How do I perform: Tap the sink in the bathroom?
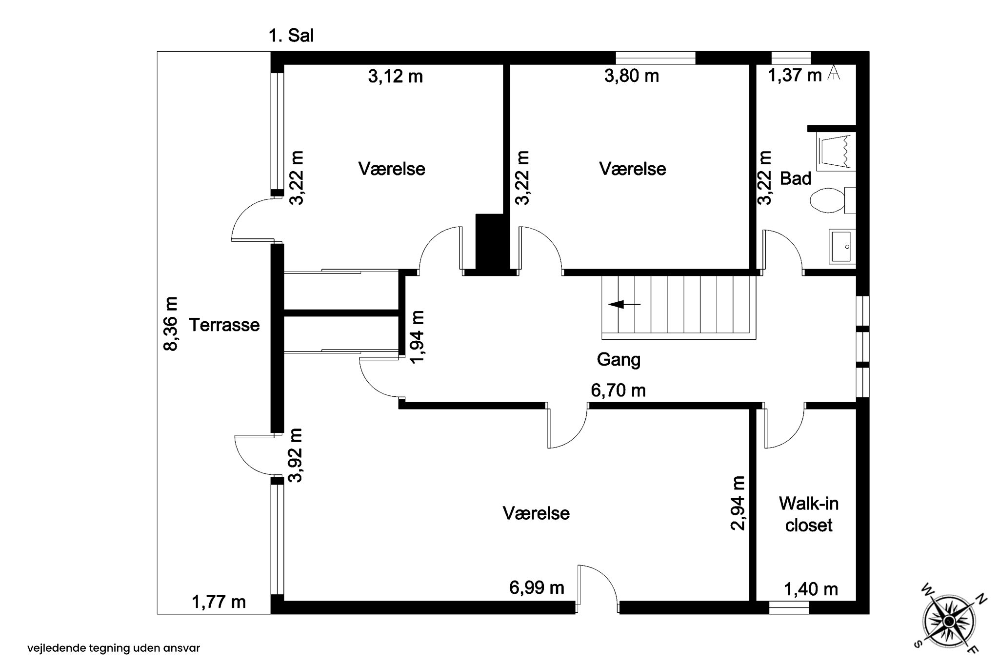(842, 247)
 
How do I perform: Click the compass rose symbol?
(948, 621)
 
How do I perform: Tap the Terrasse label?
(224, 325)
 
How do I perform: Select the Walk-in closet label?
(809, 514)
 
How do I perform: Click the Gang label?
(619, 360)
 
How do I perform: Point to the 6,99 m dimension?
(537, 588)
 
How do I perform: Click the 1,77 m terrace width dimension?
(219, 602)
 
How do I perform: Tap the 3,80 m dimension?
(632, 76)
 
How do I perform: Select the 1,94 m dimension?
(418, 337)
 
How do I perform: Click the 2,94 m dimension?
(738, 503)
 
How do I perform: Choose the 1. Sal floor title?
(291, 36)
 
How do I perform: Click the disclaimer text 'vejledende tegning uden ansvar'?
(114, 648)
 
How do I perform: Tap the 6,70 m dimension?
(618, 390)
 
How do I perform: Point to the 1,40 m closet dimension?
(811, 589)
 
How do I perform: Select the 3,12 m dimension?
(395, 77)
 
